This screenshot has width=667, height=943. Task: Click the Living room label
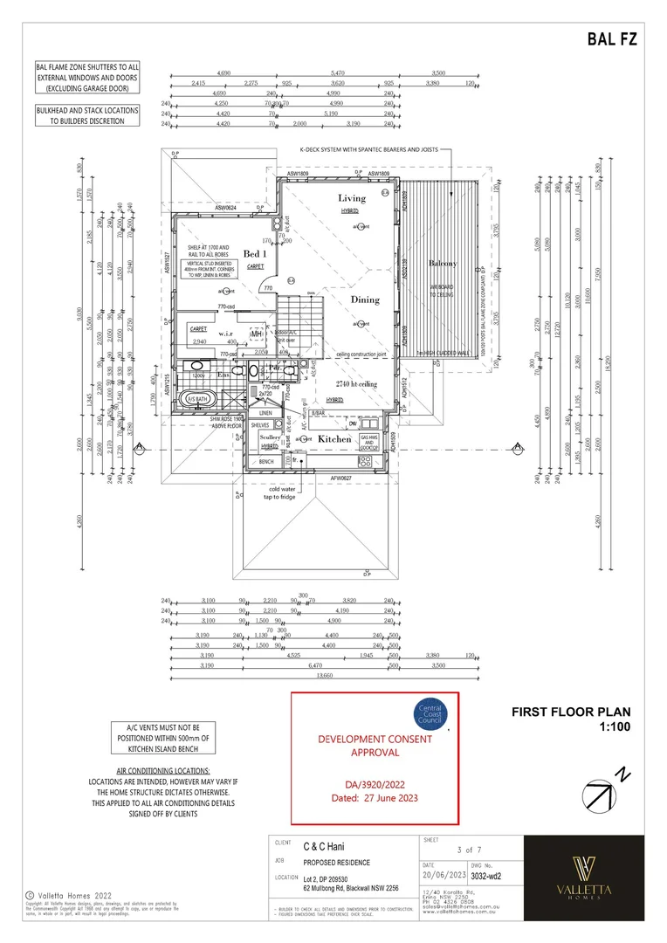[x=353, y=198]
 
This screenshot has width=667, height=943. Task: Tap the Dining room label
[x=365, y=299]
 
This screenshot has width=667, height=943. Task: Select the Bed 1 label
[x=255, y=253]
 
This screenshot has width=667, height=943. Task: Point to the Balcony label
[x=443, y=264]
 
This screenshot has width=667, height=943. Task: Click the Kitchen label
[x=333, y=439]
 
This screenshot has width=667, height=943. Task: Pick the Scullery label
[x=270, y=437]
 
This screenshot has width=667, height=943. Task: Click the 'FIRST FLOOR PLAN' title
[x=570, y=712]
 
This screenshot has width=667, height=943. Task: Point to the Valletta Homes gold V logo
[x=583, y=870]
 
